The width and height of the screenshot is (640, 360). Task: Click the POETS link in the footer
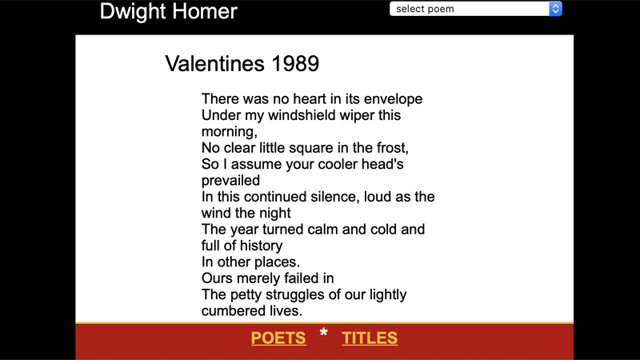278,338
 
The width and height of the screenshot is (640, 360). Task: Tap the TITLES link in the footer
370,338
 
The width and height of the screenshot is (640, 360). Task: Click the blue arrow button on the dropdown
556,9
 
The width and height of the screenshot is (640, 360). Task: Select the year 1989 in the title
294,64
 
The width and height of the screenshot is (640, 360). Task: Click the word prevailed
230,181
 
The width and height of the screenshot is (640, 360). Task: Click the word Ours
218,278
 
